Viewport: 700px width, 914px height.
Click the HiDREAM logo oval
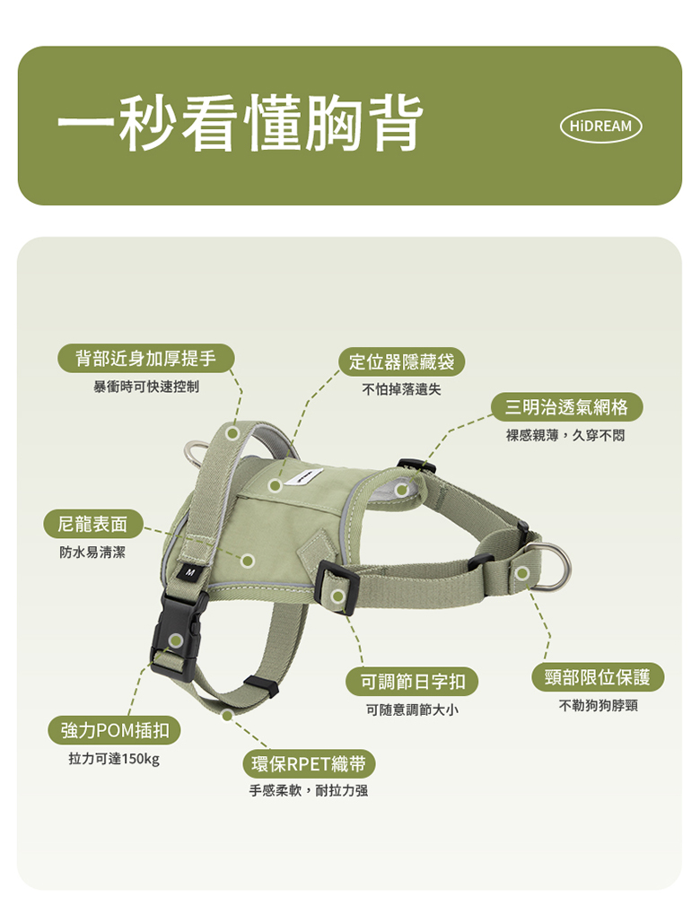(600, 126)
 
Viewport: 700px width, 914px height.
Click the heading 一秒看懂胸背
(241, 124)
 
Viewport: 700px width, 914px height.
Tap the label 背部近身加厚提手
(145, 358)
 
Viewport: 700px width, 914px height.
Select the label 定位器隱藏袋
(401, 362)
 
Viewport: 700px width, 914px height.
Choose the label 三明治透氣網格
(565, 407)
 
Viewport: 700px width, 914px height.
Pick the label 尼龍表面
(92, 524)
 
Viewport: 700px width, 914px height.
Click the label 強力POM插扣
(114, 730)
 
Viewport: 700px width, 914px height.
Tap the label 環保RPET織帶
(309, 763)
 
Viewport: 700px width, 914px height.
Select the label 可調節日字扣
(412, 682)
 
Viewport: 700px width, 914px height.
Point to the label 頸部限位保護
(598, 677)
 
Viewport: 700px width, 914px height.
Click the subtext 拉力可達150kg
(114, 759)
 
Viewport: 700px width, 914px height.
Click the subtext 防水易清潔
(92, 552)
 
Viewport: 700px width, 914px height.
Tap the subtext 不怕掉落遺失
(401, 389)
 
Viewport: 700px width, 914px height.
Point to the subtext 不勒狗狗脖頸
(599, 705)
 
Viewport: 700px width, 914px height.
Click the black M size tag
(189, 573)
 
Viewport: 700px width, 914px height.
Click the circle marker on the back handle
(232, 433)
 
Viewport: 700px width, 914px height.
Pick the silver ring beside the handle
(196, 453)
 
